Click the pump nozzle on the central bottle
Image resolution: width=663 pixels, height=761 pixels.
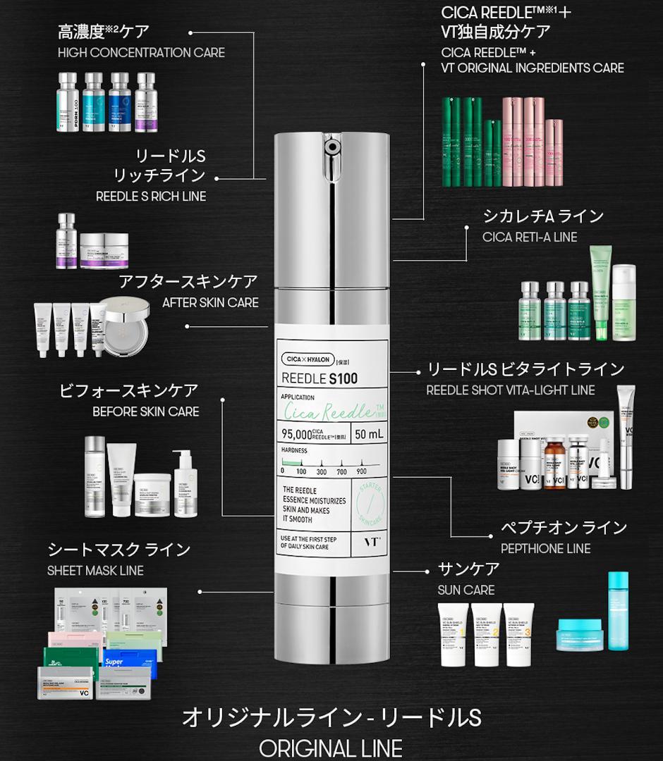point(330,147)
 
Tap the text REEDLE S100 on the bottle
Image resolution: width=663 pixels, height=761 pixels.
point(320,378)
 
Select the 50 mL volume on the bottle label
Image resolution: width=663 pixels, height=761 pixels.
point(369,434)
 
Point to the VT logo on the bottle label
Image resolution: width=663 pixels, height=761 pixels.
point(371,541)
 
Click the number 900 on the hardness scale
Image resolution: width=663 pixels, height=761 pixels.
point(362,471)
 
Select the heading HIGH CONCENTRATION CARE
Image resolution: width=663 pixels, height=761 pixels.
point(141,53)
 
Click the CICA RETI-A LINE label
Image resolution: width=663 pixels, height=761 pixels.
point(530,237)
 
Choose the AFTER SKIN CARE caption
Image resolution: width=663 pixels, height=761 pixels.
point(210,303)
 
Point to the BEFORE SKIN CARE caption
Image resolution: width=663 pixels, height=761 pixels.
point(146,412)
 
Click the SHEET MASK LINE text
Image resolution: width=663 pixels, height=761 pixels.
point(95,571)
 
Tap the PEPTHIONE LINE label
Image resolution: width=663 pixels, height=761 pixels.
point(545,548)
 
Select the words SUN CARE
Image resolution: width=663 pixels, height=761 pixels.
point(466,590)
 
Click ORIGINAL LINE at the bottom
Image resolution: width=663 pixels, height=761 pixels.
point(331,748)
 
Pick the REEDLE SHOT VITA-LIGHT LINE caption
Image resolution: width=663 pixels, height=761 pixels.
point(511,390)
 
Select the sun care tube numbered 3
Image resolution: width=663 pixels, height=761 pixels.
point(518,633)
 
